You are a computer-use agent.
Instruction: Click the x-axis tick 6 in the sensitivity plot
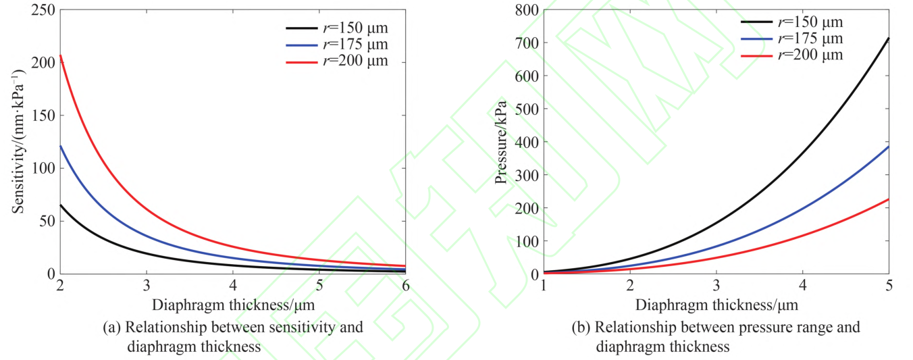click(x=405, y=286)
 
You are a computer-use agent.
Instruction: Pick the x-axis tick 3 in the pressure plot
click(x=716, y=286)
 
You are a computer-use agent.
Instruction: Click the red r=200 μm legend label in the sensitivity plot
click(x=355, y=61)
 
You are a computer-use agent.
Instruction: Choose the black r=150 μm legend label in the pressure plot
click(x=810, y=23)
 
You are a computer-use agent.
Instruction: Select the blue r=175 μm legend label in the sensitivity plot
click(x=355, y=45)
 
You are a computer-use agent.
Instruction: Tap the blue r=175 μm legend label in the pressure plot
click(x=810, y=39)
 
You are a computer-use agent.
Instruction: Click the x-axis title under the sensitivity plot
click(x=233, y=305)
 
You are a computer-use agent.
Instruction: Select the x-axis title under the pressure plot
click(x=716, y=305)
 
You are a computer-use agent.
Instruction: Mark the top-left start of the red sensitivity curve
click(x=60, y=55)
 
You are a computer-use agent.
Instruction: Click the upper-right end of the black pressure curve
click(x=889, y=38)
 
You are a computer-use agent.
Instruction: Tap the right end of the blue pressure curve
click(x=889, y=147)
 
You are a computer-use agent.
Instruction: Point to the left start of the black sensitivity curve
click(x=60, y=205)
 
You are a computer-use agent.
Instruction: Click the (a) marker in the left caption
click(x=111, y=328)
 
